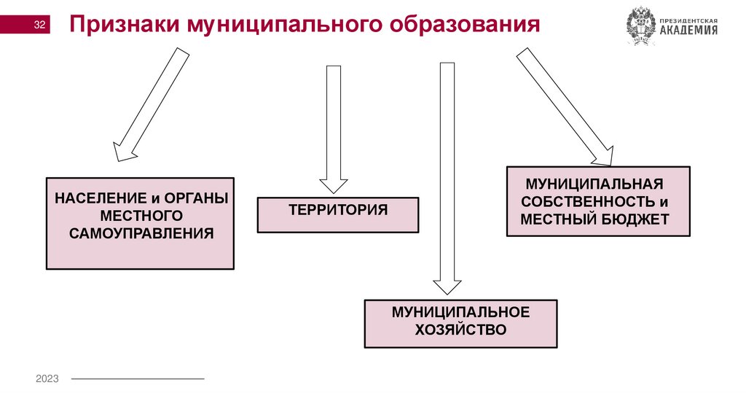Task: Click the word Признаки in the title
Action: (x=123, y=26)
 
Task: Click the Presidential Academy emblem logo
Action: (x=641, y=26)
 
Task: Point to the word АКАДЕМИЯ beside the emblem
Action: (x=688, y=30)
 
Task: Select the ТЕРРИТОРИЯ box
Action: (x=338, y=214)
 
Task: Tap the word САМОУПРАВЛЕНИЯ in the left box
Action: (x=141, y=233)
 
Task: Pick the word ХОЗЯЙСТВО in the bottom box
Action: (x=460, y=330)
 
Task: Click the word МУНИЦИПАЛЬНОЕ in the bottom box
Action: (x=460, y=312)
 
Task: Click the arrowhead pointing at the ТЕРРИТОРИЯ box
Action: (x=334, y=186)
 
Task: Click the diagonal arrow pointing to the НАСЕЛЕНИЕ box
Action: (x=152, y=104)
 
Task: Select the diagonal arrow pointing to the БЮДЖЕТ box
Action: (x=565, y=106)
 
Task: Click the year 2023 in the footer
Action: (x=47, y=378)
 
